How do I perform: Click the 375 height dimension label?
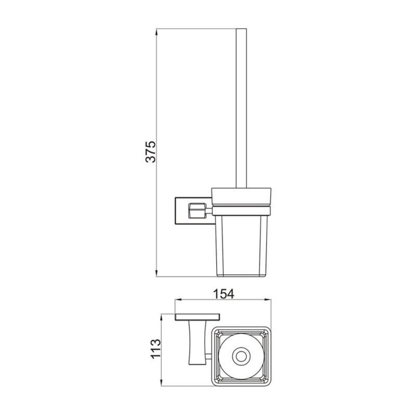point(151,152)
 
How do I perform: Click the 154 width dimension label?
point(224,294)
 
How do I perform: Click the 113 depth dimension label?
point(156,349)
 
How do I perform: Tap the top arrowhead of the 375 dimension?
point(156,32)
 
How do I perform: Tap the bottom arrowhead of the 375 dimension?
point(156,273)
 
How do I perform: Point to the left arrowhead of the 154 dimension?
point(178,300)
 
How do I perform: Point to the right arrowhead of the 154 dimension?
point(267,300)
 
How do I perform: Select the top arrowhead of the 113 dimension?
point(161,317)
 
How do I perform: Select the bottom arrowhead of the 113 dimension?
point(161,382)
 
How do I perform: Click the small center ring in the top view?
point(241,357)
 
